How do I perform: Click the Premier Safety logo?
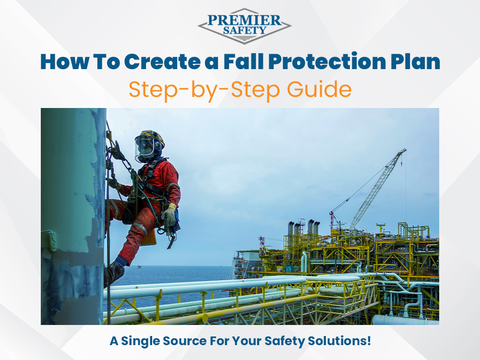pyautogui.click(x=244, y=25)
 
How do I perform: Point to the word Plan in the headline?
pyautogui.click(x=418, y=63)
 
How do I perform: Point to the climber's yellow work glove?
pyautogui.click(x=169, y=215)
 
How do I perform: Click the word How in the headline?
pyautogui.click(x=60, y=63)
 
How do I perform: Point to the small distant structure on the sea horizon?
pyautogui.click(x=139, y=265)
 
